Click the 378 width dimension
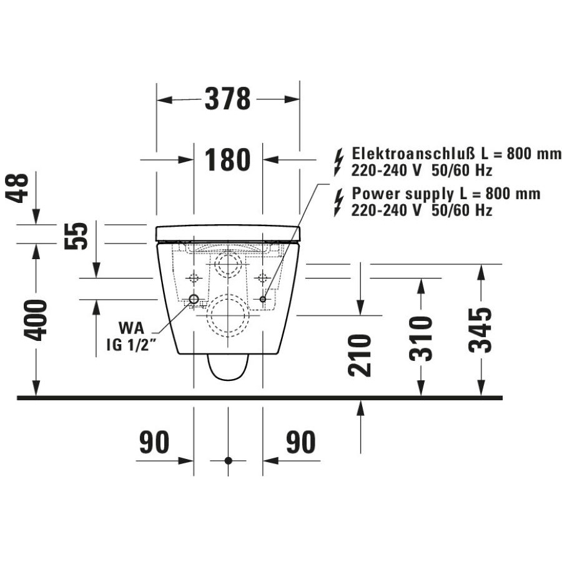[227, 99]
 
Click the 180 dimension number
[227, 159]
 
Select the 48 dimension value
[17, 188]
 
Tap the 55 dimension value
[76, 236]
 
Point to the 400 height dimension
[36, 320]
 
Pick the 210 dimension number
[360, 355]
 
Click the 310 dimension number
[421, 338]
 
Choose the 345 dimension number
[481, 330]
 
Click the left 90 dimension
[154, 442]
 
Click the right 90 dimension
[301, 442]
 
